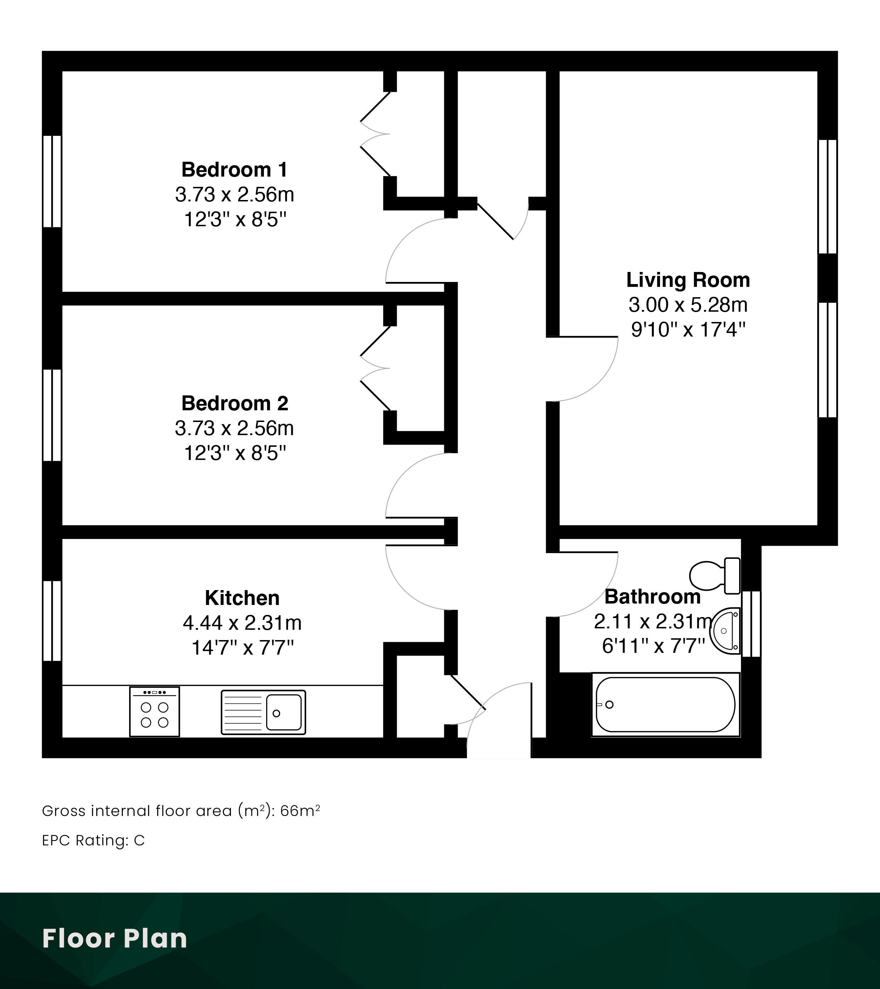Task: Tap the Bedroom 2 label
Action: (x=235, y=404)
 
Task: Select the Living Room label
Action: (x=688, y=280)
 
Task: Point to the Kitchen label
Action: (x=242, y=598)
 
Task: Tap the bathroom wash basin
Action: (x=725, y=631)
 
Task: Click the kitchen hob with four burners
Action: (x=154, y=711)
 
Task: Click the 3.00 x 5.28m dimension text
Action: (x=688, y=305)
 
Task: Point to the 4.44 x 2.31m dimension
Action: (x=242, y=623)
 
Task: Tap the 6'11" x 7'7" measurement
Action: (x=653, y=646)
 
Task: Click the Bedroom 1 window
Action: (x=52, y=181)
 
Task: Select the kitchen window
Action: (x=52, y=621)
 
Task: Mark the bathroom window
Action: (x=751, y=624)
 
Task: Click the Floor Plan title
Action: (x=115, y=938)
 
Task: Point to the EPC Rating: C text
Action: (x=93, y=840)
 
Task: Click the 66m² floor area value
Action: (x=300, y=811)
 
